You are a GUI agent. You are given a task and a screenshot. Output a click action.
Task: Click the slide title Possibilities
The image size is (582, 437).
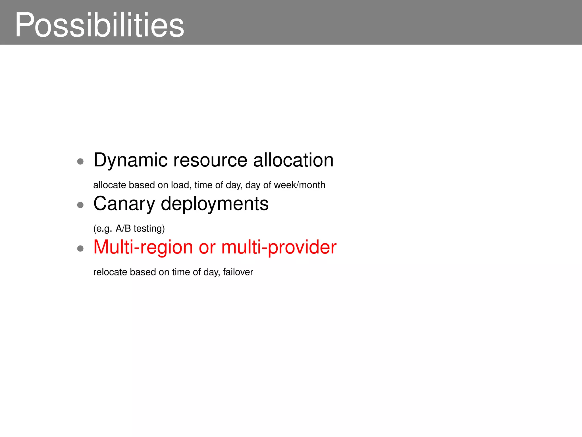pos(99,25)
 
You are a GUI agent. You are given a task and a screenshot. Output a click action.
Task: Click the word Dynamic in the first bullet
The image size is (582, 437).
pos(130,160)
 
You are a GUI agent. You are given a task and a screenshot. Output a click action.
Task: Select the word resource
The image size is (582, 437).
pos(210,160)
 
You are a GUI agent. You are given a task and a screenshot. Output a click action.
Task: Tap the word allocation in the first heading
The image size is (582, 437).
pos(293,160)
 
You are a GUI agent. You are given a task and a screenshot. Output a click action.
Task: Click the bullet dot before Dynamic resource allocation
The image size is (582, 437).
pos(80,162)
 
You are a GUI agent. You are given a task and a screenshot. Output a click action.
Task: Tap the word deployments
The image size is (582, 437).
pos(215,204)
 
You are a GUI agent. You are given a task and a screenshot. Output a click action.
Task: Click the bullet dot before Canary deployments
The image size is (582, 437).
pos(80,205)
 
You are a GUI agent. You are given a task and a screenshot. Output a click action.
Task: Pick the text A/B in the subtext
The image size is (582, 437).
pos(123,228)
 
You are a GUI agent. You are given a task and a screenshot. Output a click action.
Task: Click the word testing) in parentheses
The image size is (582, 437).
pos(149,228)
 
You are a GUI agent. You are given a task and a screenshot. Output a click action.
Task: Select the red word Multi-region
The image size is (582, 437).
pos(143,247)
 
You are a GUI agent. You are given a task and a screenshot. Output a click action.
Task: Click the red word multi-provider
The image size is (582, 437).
pos(279,247)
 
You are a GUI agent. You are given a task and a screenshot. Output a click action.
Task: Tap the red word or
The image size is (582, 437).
pos(207,247)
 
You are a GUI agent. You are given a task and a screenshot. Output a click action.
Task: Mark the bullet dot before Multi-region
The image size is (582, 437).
pos(80,249)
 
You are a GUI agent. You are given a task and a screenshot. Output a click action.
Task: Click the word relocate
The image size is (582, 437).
pos(110,272)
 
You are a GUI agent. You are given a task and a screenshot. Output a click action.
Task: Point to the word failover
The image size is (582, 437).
pos(238,272)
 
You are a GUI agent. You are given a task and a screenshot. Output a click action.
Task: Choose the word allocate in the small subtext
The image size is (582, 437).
pos(109,185)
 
